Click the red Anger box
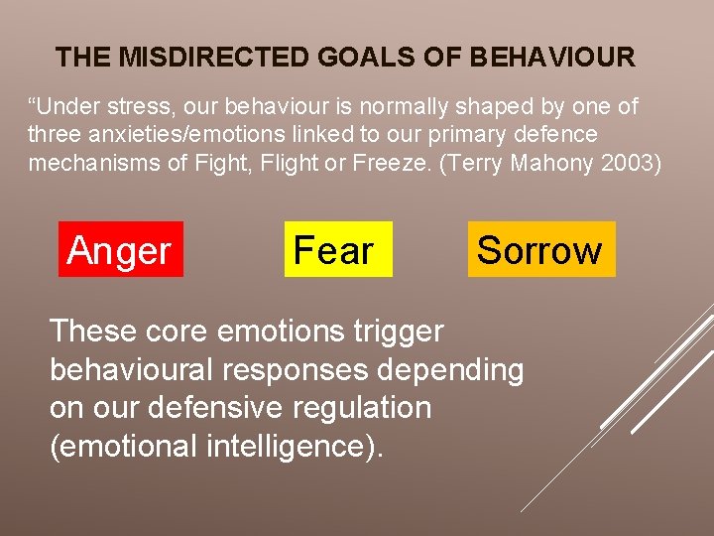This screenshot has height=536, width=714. coord(120,249)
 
